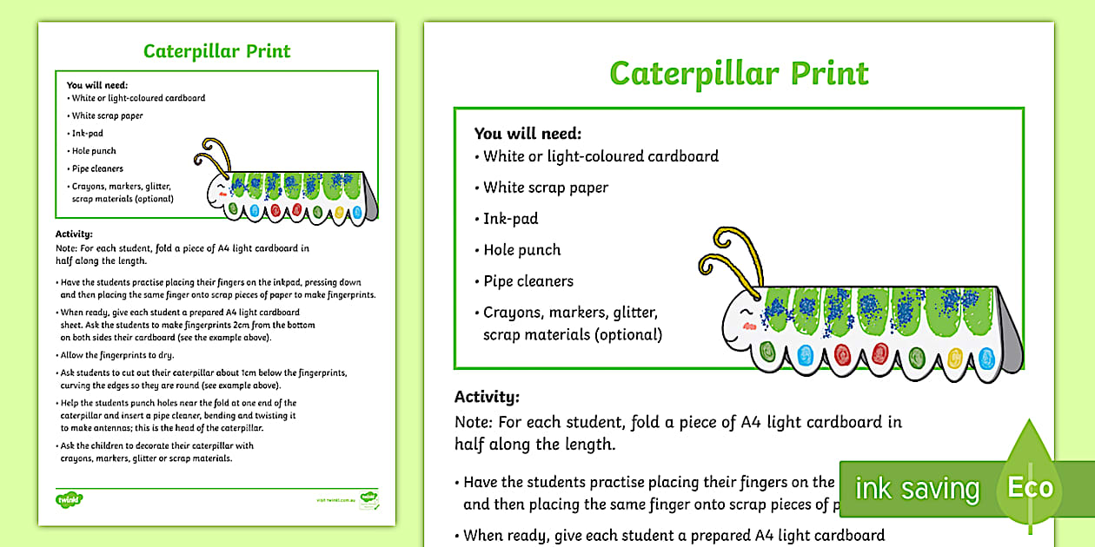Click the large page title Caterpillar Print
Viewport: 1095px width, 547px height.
point(739,74)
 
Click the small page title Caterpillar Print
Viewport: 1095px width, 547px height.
point(217,50)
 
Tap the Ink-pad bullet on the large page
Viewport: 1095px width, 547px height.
point(511,219)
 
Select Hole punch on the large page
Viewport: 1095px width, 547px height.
point(522,250)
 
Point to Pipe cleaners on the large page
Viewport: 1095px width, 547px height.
point(528,281)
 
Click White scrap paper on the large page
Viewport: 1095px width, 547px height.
point(546,188)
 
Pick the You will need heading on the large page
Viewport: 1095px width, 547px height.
point(528,134)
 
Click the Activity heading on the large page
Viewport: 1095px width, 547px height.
point(487,397)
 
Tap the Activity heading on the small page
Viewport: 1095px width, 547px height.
point(74,234)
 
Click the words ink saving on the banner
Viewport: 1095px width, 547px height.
point(917,489)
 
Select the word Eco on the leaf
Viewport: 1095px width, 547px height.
point(1031,487)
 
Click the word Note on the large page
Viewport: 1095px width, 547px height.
point(473,422)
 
